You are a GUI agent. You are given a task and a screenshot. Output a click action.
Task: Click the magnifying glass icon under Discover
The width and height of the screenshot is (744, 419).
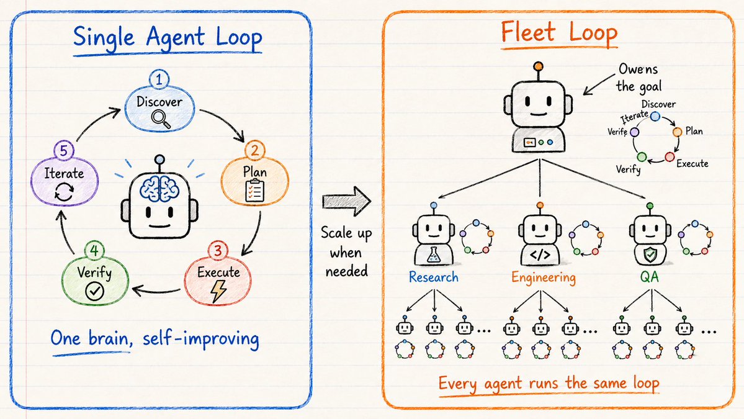point(161,119)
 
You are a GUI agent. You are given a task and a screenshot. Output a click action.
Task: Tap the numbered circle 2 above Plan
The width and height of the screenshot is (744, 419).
point(255,151)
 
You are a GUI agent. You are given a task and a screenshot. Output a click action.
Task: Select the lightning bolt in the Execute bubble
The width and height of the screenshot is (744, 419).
point(219,291)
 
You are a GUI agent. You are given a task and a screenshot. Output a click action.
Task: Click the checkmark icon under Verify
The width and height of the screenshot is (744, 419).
point(94,291)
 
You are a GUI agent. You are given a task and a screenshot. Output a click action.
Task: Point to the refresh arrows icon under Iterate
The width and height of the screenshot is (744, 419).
point(64,192)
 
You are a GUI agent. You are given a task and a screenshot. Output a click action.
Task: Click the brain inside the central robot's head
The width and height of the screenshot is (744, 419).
point(159,189)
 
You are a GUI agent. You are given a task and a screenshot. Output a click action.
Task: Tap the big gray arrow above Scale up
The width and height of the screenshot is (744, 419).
point(346,201)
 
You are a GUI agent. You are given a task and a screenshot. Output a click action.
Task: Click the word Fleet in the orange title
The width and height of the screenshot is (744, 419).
point(527,33)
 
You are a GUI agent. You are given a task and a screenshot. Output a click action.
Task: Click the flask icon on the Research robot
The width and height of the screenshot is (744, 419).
point(433,256)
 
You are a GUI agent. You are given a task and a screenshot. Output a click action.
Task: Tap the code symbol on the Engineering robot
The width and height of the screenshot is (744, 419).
point(540,255)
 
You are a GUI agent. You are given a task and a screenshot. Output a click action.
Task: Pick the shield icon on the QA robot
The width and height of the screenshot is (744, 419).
point(650,255)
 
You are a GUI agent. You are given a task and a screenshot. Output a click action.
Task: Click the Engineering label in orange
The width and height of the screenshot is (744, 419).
point(544,277)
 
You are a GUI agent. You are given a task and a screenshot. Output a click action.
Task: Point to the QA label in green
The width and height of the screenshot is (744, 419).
point(650,277)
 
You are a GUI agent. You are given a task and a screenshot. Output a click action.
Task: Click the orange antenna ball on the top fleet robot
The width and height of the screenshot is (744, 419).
point(538,66)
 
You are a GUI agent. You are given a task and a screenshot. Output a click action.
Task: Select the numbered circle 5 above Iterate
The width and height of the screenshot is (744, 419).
point(63,151)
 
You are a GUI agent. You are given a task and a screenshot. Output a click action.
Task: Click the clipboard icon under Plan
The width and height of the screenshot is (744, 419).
point(255,191)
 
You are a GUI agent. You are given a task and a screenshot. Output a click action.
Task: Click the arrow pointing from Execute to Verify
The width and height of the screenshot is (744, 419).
point(156,289)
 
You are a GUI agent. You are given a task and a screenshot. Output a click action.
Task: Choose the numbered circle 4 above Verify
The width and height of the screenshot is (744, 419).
point(94,250)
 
